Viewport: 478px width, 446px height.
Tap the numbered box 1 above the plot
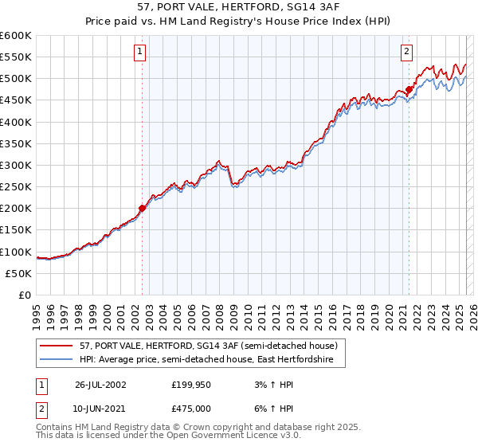pyautogui.click(x=140, y=52)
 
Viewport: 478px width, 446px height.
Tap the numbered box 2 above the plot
pyautogui.click(x=406, y=52)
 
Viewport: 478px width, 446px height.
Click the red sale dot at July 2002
pyautogui.click(x=143, y=209)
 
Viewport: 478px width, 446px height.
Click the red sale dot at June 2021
pyautogui.click(x=409, y=89)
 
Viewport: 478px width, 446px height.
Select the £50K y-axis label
pyautogui.click(x=18, y=273)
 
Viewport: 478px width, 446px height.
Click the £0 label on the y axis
pyautogui.click(x=25, y=295)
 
